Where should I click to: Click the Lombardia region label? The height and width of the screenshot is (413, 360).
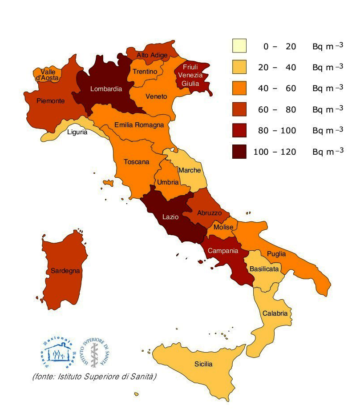pyautogui.click(x=106, y=89)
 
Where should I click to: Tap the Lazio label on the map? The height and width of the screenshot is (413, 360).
pyautogui.click(x=170, y=217)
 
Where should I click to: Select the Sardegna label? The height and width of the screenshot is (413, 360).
pyautogui.click(x=65, y=270)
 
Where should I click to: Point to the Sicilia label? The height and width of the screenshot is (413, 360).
pyautogui.click(x=203, y=364)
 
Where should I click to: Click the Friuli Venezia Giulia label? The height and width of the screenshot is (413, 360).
pyautogui.click(x=190, y=75)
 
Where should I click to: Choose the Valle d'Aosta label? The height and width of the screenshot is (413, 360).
pyautogui.click(x=48, y=75)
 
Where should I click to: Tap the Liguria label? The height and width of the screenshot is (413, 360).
pyautogui.click(x=77, y=132)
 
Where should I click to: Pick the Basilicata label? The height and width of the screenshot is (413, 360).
pyautogui.click(x=264, y=269)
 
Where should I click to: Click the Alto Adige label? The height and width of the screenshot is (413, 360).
pyautogui.click(x=152, y=55)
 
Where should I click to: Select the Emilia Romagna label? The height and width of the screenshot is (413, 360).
pyautogui.click(x=139, y=125)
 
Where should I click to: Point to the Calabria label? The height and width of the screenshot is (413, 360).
pyautogui.click(x=275, y=313)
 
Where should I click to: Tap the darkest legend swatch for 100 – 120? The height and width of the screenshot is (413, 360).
pyautogui.click(x=239, y=152)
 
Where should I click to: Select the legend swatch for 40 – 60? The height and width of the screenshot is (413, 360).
pyautogui.click(x=239, y=88)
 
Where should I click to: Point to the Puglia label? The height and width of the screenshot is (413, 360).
pyautogui.click(x=276, y=254)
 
